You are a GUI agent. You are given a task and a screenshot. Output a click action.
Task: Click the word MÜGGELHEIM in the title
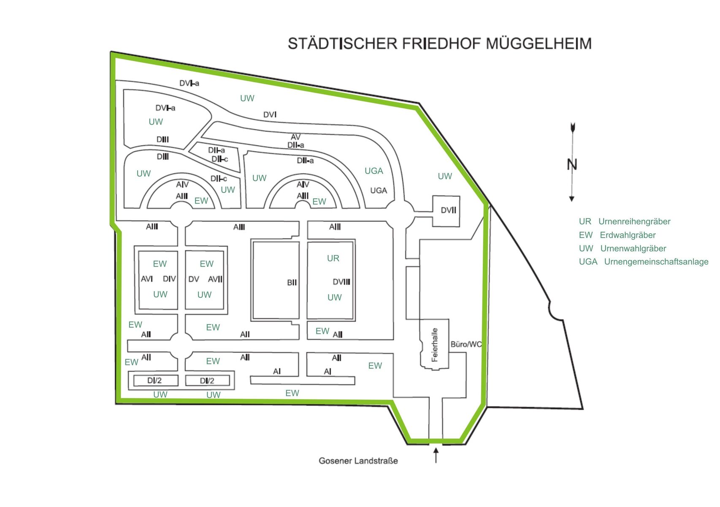tap(539, 44)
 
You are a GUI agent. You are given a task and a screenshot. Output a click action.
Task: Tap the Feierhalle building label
tap(435, 345)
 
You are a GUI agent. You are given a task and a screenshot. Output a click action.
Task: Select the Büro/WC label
tap(466, 344)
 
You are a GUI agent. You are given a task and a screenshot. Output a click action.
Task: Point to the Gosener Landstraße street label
tap(358, 461)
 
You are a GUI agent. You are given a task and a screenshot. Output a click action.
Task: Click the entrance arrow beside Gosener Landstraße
tap(436, 455)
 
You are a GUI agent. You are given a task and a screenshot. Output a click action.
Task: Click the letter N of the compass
tap(572, 165)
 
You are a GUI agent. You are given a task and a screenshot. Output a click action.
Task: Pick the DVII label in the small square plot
tap(448, 210)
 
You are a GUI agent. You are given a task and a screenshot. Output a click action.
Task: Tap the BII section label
tap(292, 283)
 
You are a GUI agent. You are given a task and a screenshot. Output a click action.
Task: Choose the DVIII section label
tap(341, 282)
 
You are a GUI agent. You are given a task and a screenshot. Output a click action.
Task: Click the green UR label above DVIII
tap(333, 258)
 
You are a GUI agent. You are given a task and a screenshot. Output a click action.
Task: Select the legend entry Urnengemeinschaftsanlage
tap(656, 262)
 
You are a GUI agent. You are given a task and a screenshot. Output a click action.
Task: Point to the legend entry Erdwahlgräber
tap(628, 235)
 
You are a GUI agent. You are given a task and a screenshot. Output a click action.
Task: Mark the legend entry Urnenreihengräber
tap(634, 222)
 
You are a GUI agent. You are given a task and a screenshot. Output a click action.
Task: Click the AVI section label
tap(146, 279)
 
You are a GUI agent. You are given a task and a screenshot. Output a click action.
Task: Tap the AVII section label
tap(215, 279)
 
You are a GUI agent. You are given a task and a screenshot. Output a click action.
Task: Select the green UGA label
tap(374, 171)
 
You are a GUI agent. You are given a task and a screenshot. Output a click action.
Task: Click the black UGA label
tap(378, 191)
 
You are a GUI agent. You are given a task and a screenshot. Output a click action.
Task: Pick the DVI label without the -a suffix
tap(270, 115)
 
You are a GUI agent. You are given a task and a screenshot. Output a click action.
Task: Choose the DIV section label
tap(169, 279)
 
